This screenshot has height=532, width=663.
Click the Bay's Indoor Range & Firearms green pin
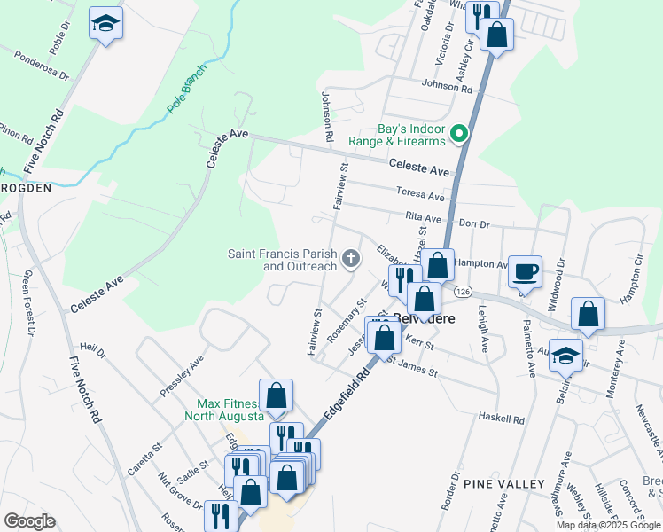coord(459,135)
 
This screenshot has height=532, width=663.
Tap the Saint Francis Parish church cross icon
coord(351,259)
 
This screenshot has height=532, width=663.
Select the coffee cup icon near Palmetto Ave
coord(526,270)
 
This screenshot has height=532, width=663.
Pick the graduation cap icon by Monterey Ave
coord(566,356)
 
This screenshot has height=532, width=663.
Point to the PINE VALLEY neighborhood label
coord(503,483)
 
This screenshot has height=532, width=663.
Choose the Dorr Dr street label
coord(472,225)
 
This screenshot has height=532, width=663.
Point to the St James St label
coord(412,366)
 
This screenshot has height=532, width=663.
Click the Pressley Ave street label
coord(182,375)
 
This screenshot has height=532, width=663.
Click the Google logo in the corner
coord(29,521)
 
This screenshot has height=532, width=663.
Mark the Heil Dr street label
coord(92,352)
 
